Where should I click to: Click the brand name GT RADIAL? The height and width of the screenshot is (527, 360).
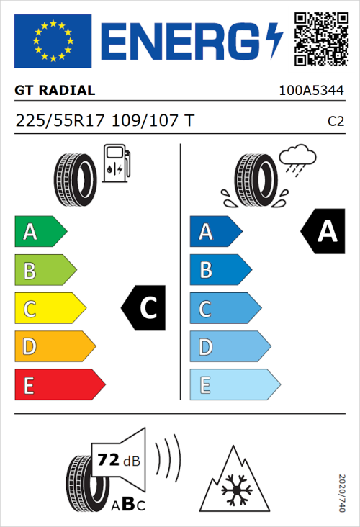pyautogui.click(x=55, y=91)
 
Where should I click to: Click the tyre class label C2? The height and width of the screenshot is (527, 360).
pyautogui.click(x=336, y=121)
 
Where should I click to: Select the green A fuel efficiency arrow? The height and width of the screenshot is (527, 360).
pyautogui.click(x=40, y=232)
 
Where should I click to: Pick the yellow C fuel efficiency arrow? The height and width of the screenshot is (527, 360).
pyautogui.click(x=49, y=309)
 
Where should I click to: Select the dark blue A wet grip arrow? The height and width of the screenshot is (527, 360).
pyautogui.click(x=215, y=232)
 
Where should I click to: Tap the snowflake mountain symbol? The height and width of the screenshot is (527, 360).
pyautogui.click(x=233, y=478)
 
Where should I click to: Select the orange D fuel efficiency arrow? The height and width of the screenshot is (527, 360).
pyautogui.click(x=54, y=347)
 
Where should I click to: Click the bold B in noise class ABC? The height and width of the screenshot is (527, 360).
pyautogui.click(x=124, y=504)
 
